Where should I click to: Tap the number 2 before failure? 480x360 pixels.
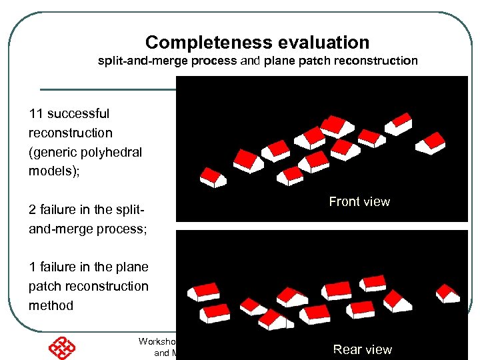click(x=33, y=210)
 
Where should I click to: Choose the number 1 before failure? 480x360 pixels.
click(x=33, y=267)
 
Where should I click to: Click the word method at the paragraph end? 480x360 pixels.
click(x=51, y=306)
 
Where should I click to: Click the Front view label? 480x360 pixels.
click(x=359, y=201)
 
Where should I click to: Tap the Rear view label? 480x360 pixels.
click(x=362, y=349)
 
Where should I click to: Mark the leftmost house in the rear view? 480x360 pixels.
click(x=203, y=291)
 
